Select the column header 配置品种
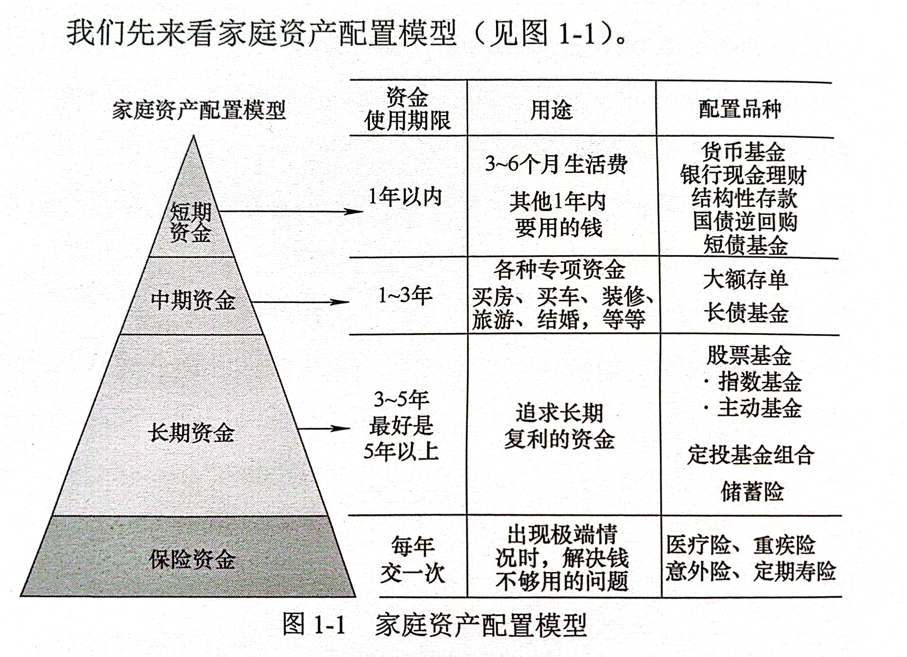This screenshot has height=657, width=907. point(740,109)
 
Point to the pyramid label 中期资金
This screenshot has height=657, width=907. point(193,300)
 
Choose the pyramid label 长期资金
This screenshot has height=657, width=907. point(191,432)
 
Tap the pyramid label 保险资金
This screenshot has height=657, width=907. point(192,559)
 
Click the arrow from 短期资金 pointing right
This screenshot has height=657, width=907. point(291,211)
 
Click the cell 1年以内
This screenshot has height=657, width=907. point(405,197)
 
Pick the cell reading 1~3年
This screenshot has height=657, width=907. point(405,295)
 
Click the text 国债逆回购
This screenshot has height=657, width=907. point(745,221)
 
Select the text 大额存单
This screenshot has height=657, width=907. point(746,279)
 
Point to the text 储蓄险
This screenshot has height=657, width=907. point(752,491)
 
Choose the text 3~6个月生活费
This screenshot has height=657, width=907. point(556,164)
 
